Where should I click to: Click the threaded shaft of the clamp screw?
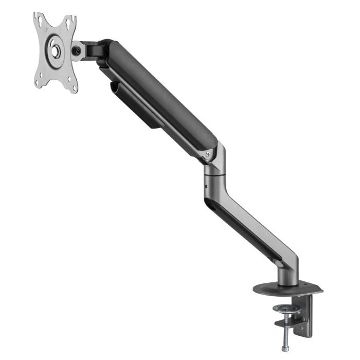click(x=283, y=329)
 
